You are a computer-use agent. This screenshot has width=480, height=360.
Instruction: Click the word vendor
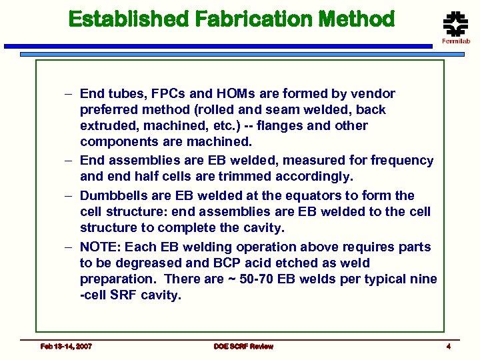coord(372,94)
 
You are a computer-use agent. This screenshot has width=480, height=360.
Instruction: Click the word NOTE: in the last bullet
coord(100,247)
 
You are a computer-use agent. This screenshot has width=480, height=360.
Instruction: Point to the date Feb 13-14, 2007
coord(66,346)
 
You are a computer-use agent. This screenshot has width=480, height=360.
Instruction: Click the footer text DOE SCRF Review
coord(243,346)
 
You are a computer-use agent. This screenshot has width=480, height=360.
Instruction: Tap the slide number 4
coord(449,346)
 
